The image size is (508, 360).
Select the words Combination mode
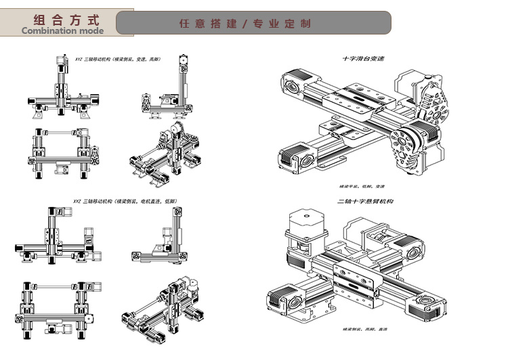(62, 30)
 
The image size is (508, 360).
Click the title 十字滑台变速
(363, 59)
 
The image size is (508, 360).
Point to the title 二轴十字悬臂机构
(366, 202)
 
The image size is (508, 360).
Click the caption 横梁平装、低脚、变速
(362, 187)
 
